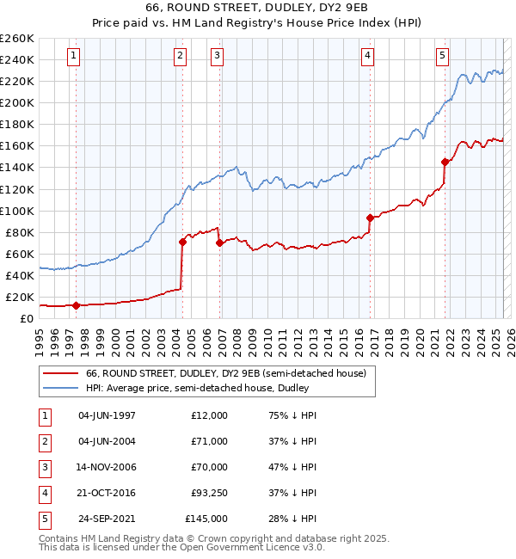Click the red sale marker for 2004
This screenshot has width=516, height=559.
[183, 242]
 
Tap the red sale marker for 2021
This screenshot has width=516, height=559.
[445, 162]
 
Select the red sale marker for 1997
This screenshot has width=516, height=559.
[77, 305]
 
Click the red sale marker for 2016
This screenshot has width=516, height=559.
[370, 218]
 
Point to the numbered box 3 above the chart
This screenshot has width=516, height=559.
[217, 57]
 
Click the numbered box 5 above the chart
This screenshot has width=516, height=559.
[442, 57]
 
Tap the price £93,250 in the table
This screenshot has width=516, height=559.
[208, 493]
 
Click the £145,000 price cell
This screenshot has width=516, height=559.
[206, 519]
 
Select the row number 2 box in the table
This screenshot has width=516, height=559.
[43, 441]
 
